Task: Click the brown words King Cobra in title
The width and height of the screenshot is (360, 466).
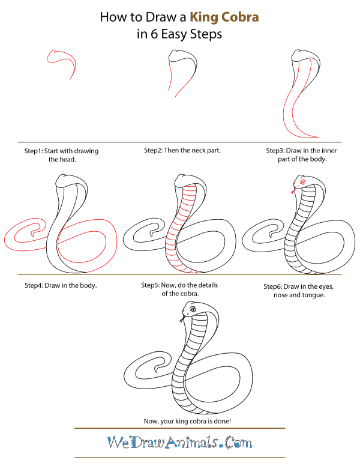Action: pyautogui.click(x=225, y=17)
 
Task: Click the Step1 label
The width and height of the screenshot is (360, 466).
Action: pyautogui.click(x=37, y=151)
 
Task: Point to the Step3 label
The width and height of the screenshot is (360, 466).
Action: pyautogui.click(x=279, y=151)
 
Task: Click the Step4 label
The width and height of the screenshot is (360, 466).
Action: pyautogui.click(x=37, y=285)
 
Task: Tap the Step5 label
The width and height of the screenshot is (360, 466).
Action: pyautogui.click(x=154, y=285)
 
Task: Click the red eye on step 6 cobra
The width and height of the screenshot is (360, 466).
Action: pyautogui.click(x=303, y=182)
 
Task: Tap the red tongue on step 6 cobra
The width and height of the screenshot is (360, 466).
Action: pyautogui.click(x=293, y=192)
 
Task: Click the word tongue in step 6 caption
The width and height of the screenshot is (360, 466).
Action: pyautogui.click(x=316, y=295)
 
